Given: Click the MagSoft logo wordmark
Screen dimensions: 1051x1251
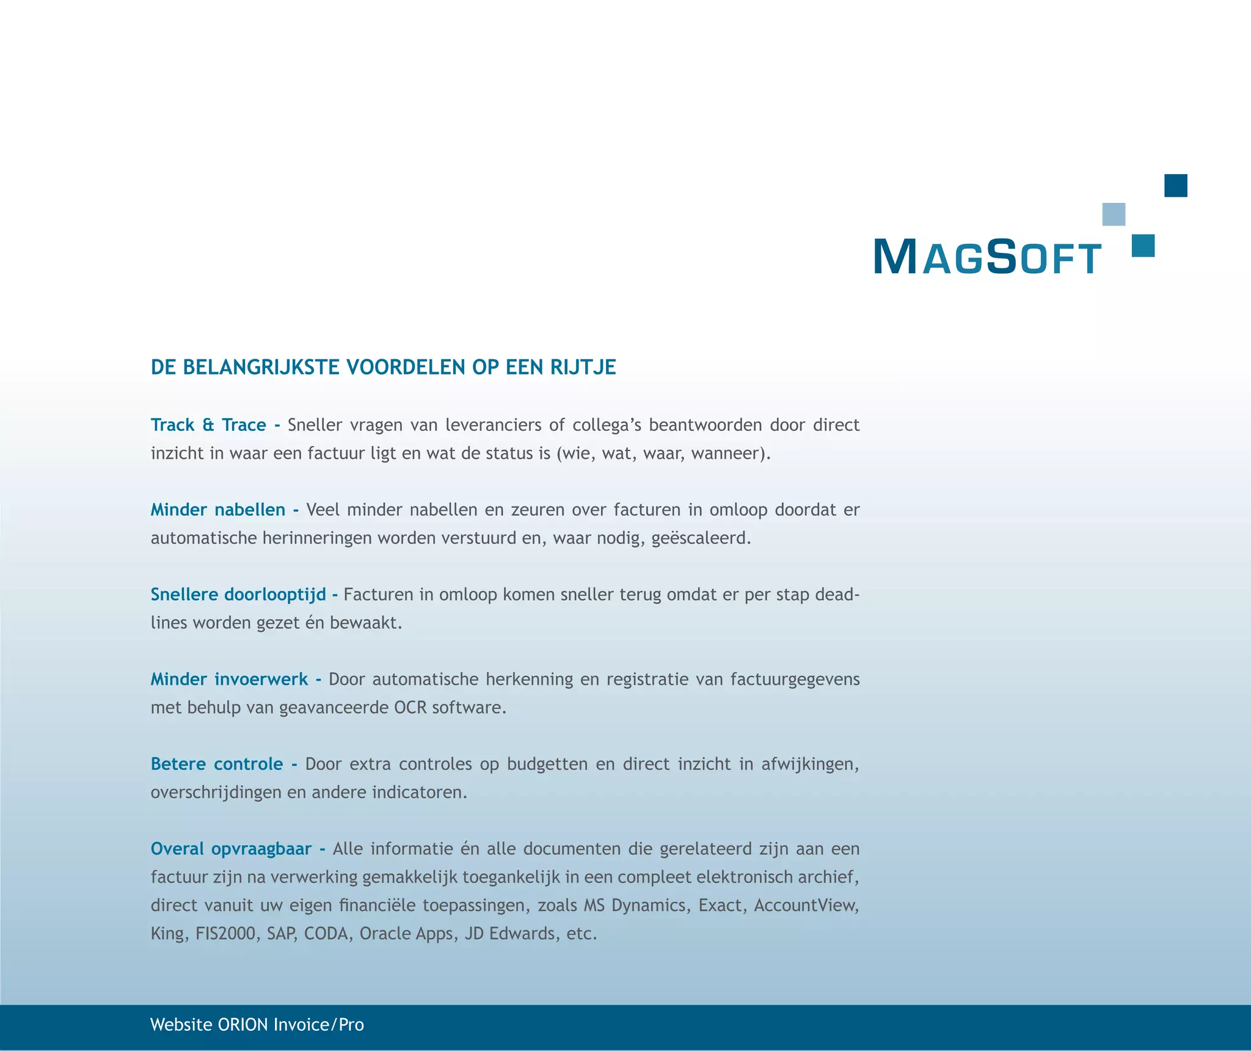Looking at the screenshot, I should click(x=987, y=257).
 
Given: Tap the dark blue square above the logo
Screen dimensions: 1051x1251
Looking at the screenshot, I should click(x=1175, y=186).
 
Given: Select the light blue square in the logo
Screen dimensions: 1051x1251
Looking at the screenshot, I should click(x=1114, y=214).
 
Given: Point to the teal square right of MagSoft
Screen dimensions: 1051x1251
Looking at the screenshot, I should click(x=1143, y=246).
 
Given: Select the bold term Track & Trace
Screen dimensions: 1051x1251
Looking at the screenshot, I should click(x=208, y=425).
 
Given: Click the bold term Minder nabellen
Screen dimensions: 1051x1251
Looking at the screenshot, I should click(x=218, y=510).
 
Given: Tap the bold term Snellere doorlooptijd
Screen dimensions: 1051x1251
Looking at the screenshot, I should click(x=238, y=595).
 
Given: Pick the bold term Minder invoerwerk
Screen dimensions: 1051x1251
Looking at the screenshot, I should click(x=229, y=679).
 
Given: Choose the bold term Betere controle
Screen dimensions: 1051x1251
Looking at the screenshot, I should click(x=217, y=764).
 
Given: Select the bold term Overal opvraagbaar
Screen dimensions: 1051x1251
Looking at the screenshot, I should click(x=231, y=849).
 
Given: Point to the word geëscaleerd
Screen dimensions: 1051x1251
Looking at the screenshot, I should click(x=699, y=538).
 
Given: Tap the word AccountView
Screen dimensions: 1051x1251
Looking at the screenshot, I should click(x=805, y=905).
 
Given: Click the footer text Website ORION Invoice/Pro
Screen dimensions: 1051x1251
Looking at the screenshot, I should click(x=257, y=1025).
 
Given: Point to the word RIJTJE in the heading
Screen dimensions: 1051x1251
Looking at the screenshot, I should click(x=583, y=367).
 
